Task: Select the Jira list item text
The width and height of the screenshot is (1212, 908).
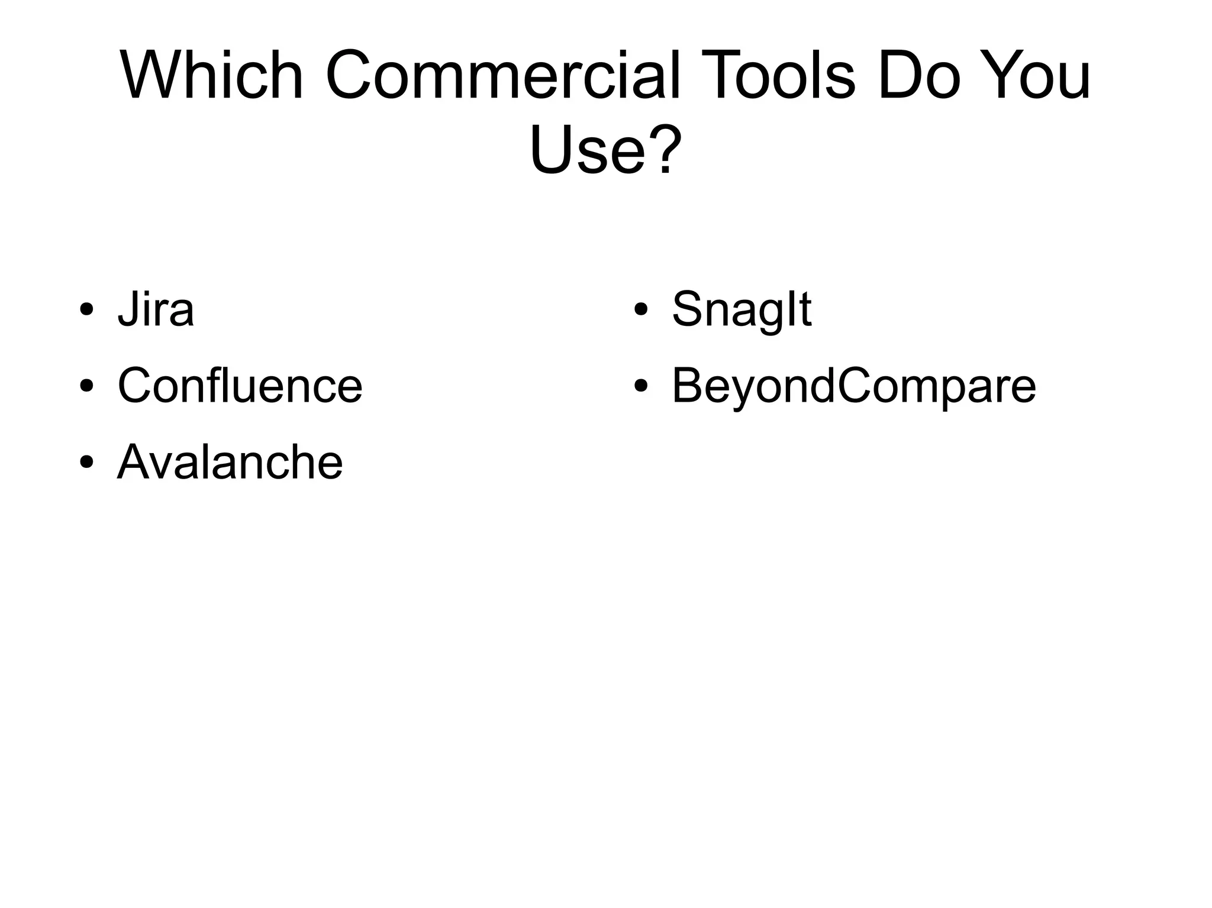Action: [x=156, y=309]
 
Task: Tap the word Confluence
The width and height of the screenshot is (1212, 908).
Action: [x=240, y=386]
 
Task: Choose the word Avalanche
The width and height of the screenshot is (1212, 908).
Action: [x=230, y=462]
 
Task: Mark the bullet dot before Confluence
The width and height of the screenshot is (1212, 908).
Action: [x=86, y=387]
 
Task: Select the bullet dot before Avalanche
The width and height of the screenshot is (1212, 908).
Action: [x=86, y=463]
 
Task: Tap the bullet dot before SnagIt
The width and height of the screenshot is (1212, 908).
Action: [x=640, y=311]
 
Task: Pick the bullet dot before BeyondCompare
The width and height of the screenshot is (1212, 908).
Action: [x=640, y=387]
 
